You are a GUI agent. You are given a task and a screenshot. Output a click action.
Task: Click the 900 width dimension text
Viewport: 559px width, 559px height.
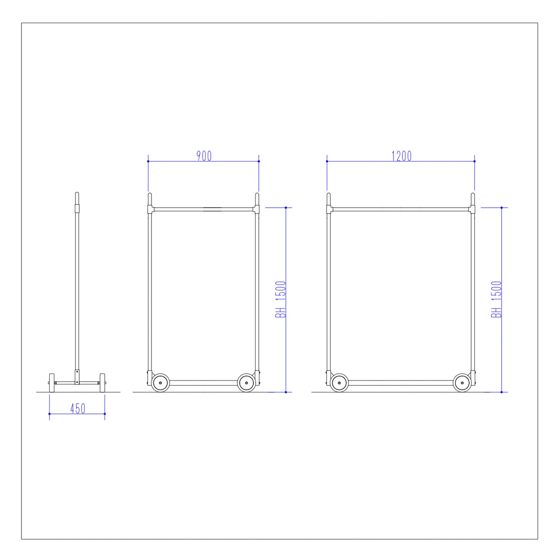(x=204, y=156)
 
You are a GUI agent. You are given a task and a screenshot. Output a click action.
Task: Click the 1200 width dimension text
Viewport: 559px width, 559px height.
(x=402, y=156)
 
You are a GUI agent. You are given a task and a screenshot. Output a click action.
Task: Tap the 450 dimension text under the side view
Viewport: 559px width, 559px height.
(x=78, y=409)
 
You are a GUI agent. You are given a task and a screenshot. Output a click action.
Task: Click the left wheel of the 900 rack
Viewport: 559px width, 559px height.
(x=161, y=383)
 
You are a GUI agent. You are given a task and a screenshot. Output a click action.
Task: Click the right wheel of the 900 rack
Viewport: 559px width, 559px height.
(x=246, y=383)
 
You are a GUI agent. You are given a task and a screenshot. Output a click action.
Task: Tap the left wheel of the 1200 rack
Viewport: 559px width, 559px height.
(x=339, y=383)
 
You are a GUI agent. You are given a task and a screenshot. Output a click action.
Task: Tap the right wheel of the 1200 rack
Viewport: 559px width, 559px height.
(x=462, y=383)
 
